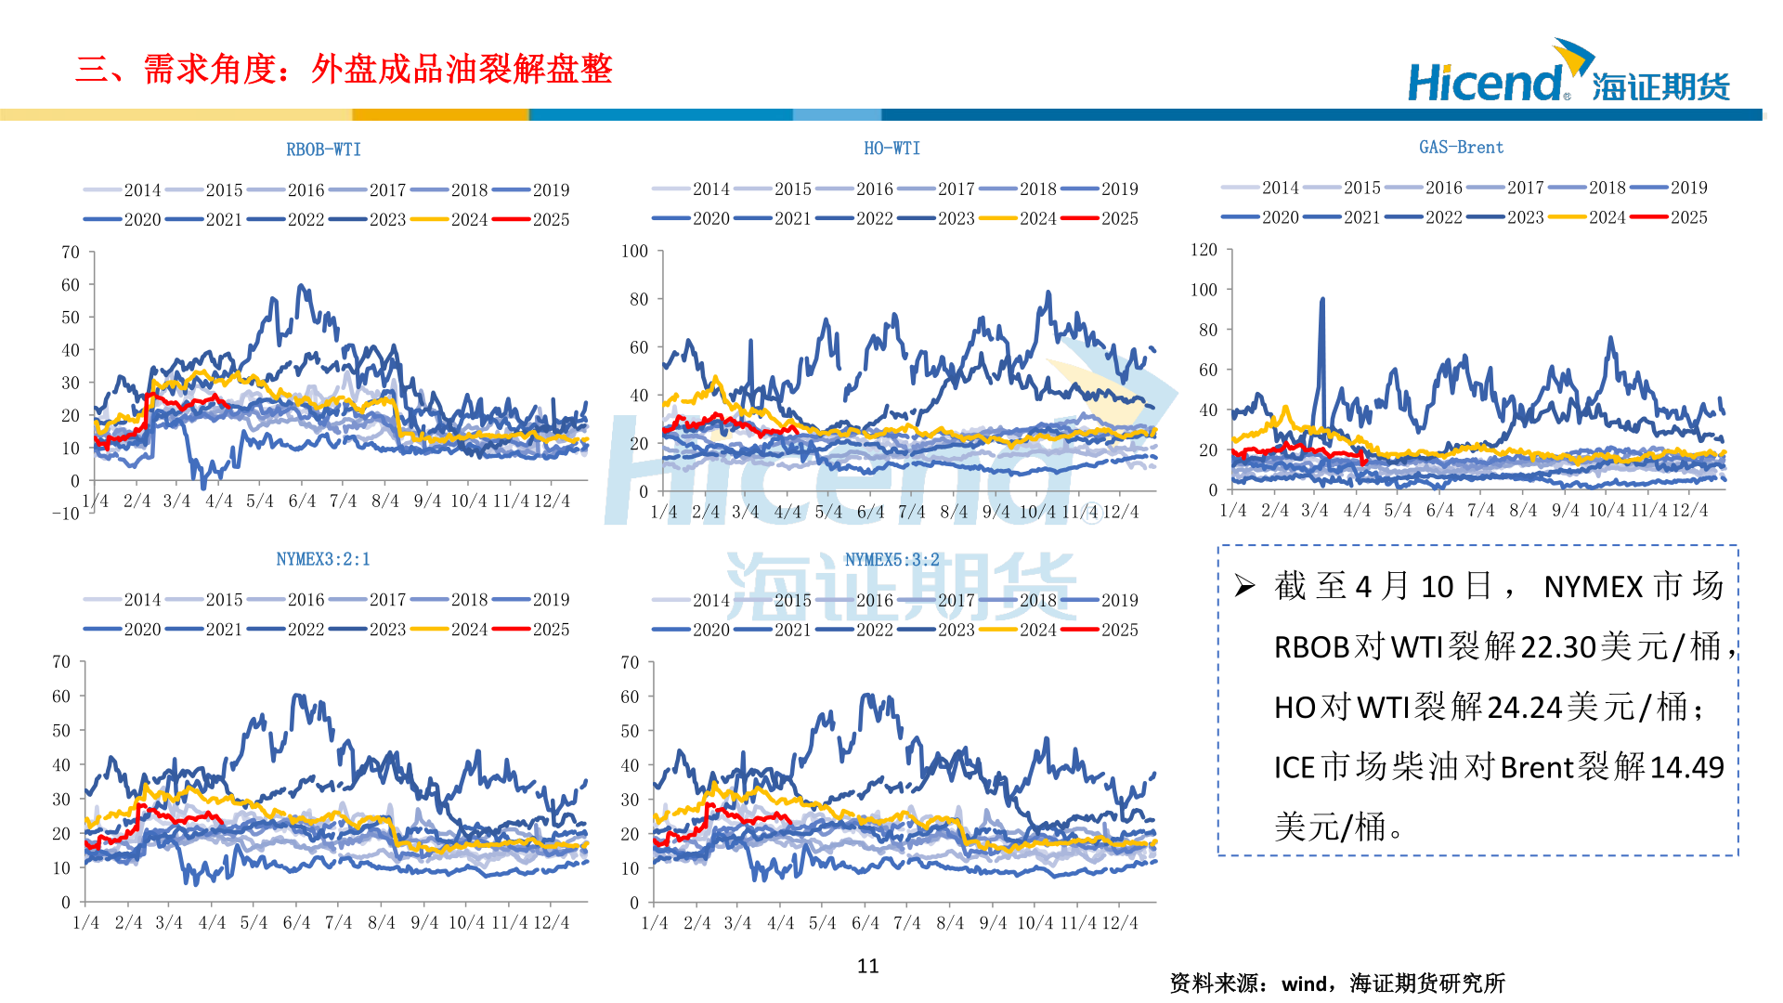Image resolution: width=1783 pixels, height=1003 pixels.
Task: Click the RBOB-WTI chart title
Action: click(x=323, y=150)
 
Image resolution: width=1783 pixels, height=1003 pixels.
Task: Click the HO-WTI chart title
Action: click(x=891, y=149)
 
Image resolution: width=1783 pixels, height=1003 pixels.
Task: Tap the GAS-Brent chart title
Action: click(x=1461, y=148)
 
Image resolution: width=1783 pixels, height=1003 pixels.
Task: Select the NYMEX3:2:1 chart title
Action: click(x=323, y=559)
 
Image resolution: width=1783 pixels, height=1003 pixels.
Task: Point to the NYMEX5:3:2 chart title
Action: click(x=891, y=560)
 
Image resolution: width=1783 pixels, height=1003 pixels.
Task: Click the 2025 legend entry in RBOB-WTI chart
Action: click(x=532, y=219)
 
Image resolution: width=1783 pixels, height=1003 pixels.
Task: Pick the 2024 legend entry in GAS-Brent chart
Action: click(x=1588, y=217)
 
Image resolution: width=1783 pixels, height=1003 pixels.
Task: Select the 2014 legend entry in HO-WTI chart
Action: click(x=692, y=189)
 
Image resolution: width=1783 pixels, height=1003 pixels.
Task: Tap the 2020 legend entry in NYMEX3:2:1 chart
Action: click(x=123, y=629)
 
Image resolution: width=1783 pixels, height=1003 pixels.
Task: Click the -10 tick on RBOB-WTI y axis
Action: click(x=66, y=514)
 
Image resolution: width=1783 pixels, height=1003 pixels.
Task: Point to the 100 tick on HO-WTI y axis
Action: click(x=634, y=251)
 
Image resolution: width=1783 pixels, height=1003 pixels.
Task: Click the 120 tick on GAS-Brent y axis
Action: click(x=1204, y=250)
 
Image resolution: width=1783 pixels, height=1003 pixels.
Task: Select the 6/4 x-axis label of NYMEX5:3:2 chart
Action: click(x=865, y=923)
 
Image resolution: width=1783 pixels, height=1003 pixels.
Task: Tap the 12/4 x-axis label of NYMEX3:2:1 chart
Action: click(x=551, y=923)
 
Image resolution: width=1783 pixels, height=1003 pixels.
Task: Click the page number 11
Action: click(x=867, y=966)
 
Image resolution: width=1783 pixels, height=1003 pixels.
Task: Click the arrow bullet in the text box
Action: click(x=1244, y=586)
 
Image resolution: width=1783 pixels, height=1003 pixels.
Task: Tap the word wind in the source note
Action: click(x=1304, y=983)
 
